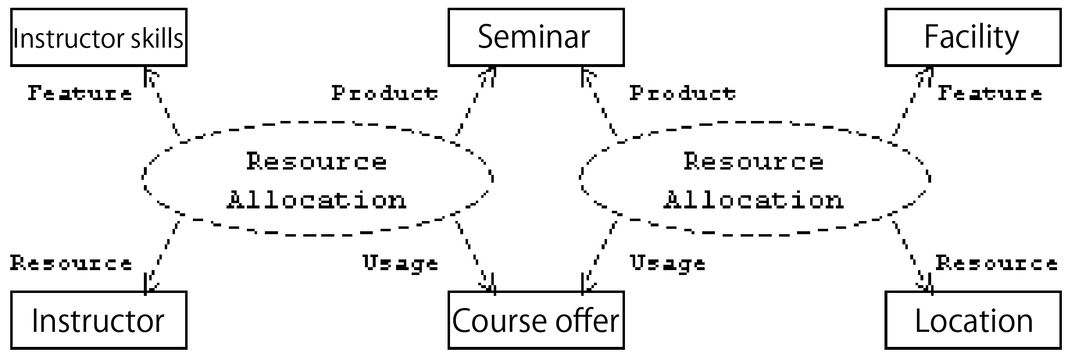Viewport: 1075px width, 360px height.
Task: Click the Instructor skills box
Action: click(x=99, y=37)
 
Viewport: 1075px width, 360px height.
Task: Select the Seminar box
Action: click(x=536, y=37)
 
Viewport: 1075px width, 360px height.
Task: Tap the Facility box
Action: click(x=973, y=37)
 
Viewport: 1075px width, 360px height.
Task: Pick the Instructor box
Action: click(x=99, y=320)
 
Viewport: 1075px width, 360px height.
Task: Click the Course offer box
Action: click(x=536, y=320)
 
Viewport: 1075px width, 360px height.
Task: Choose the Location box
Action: click(x=973, y=320)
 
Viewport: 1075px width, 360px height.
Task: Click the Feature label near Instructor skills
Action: click(x=80, y=93)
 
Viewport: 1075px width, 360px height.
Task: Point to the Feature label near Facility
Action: click(x=990, y=93)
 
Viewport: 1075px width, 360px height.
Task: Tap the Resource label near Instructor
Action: click(x=71, y=263)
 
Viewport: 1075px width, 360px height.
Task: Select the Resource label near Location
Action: click(x=997, y=263)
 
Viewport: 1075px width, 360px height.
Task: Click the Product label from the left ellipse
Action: click(x=385, y=93)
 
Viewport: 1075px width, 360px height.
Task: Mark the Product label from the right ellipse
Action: click(x=683, y=93)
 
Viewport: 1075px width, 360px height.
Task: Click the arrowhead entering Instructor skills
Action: click(x=151, y=76)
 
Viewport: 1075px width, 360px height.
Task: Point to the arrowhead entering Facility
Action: click(x=924, y=76)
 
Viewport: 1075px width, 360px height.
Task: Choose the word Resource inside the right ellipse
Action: click(x=754, y=161)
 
